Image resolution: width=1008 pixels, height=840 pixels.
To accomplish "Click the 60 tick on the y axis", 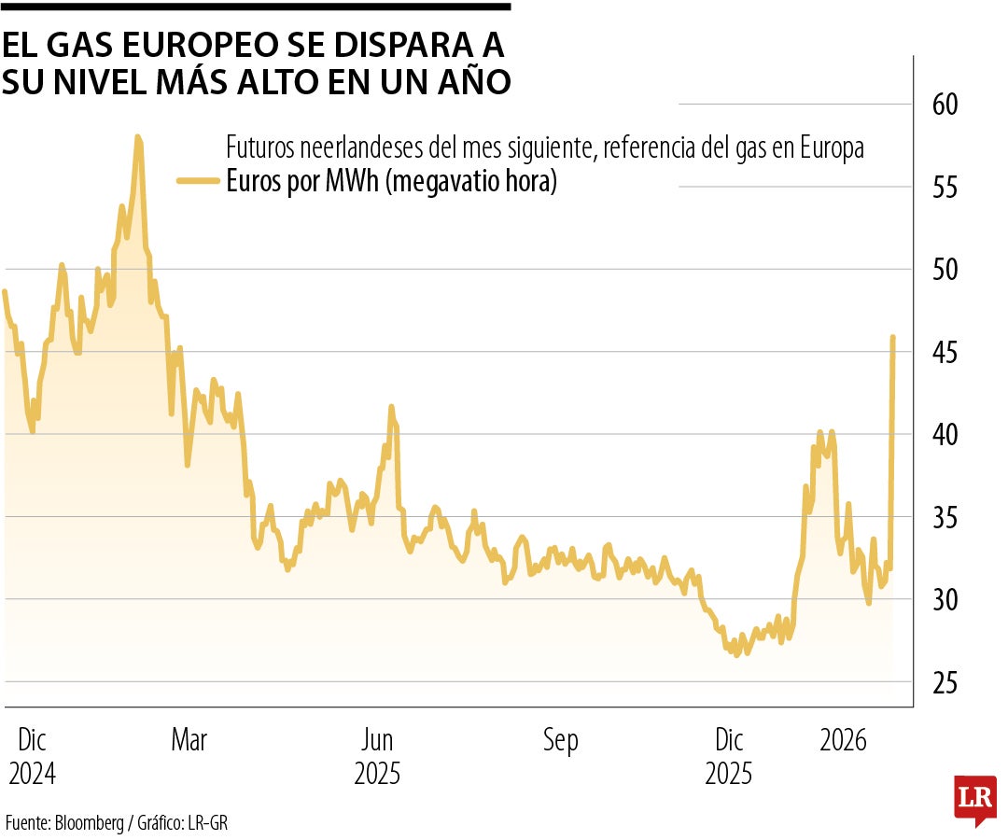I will tap(945, 104).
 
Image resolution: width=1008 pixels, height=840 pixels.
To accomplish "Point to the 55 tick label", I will tap(945, 187).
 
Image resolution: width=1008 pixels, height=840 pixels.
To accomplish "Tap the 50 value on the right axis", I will tap(945, 269).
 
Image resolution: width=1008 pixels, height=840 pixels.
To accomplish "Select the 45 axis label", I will tap(945, 352).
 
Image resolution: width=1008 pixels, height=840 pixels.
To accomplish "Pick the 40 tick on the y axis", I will tap(945, 434).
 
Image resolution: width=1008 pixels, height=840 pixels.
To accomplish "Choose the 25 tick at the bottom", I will tap(945, 682).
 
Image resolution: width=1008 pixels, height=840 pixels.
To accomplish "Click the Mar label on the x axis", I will tap(189, 741).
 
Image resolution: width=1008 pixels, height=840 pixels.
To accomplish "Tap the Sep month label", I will tap(560, 741).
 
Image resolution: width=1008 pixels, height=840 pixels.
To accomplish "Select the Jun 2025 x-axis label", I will tap(377, 757).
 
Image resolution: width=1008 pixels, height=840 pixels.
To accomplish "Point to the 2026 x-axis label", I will tap(844, 741).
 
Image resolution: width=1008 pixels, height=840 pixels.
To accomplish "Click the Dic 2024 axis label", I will tap(32, 757).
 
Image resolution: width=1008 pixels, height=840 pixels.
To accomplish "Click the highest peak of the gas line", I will tap(138, 137).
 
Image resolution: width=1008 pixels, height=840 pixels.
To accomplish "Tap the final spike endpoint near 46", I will tap(893, 337).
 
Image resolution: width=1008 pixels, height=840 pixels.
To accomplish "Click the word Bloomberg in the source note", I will tap(89, 823).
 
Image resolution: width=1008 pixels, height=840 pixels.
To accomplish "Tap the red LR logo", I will tap(974, 798).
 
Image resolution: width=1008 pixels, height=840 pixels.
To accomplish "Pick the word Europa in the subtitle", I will tap(831, 147).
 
